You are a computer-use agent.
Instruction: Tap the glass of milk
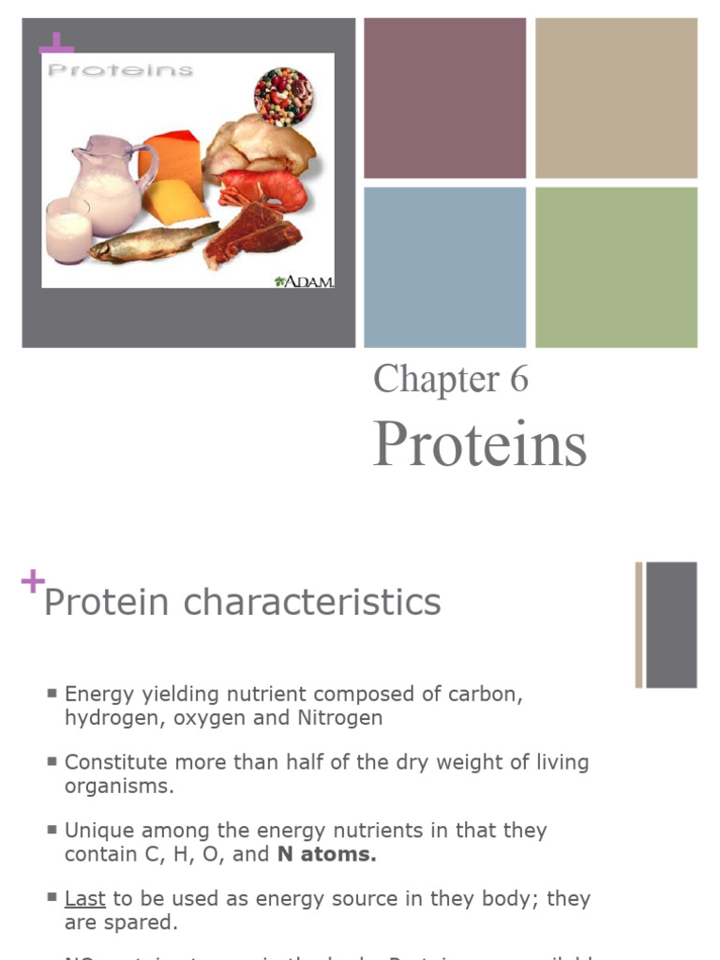(67, 231)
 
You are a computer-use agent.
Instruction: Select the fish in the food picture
(150, 241)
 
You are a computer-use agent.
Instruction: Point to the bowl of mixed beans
(283, 95)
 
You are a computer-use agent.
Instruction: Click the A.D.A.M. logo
(306, 280)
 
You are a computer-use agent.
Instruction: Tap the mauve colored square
(444, 97)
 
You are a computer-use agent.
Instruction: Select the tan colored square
(616, 97)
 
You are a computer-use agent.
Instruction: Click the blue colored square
(444, 267)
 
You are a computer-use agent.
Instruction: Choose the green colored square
(616, 267)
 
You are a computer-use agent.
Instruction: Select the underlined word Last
(84, 898)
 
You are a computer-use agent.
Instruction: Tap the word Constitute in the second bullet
(111, 762)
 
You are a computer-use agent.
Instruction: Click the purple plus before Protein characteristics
(32, 583)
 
